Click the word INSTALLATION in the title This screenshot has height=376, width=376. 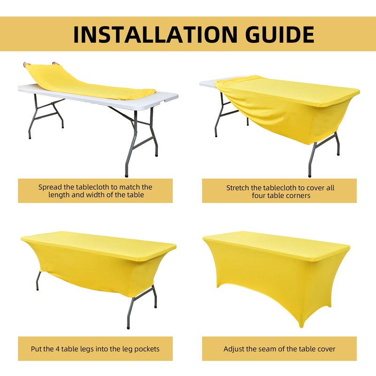[155, 34]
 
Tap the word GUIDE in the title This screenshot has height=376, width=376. [280, 34]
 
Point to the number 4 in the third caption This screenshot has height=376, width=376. [57, 349]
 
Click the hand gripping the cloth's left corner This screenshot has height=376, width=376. [27, 64]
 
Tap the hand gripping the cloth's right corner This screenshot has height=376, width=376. [55, 63]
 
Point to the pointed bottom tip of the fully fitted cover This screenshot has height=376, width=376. [302, 326]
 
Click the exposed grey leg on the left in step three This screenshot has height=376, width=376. [38, 281]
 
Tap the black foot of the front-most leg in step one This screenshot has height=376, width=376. [126, 175]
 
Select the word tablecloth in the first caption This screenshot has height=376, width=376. [96, 187]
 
